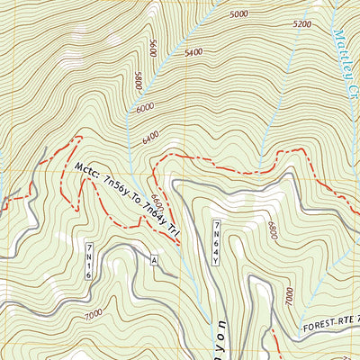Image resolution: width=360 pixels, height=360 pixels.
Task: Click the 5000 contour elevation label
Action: coord(238,14)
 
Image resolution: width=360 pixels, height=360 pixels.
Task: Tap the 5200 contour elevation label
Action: coord(301,24)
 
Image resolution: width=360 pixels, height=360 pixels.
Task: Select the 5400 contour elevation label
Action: coord(193,53)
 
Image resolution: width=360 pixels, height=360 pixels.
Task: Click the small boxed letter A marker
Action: coord(154,260)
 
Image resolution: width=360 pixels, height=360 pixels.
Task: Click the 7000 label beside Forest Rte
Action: coord(288,296)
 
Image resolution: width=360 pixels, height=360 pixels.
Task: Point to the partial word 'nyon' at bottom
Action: coord(220,339)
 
